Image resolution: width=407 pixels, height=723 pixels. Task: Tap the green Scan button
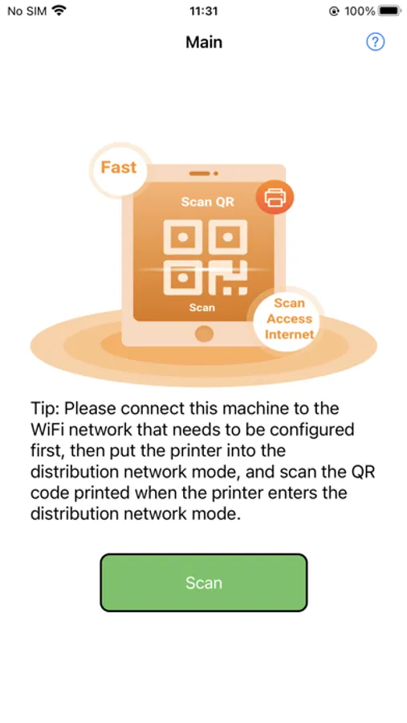pos(204,582)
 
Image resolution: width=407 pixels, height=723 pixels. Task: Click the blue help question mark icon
pos(375,42)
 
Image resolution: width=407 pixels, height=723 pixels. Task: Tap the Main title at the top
pos(204,43)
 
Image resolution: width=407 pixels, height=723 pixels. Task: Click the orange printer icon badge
pos(275,198)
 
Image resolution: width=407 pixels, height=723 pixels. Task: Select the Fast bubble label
pos(119,167)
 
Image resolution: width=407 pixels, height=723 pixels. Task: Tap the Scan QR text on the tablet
pos(207,202)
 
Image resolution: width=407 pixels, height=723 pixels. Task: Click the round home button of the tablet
pos(204,333)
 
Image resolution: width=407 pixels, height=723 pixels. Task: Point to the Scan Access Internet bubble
pos(288,319)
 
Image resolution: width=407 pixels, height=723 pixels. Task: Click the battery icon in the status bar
pos(389,10)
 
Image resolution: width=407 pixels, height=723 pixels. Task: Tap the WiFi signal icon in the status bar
pos(59,10)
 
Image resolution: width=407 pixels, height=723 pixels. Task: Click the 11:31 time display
pos(203,10)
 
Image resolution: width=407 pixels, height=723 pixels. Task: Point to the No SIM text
pos(27,11)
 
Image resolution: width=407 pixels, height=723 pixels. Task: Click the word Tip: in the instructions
pos(45,409)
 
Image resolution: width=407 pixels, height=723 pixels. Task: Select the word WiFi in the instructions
pos(47,429)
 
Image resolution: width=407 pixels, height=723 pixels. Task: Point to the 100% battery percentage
pos(360,11)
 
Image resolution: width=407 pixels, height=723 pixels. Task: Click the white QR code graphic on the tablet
pos(206,257)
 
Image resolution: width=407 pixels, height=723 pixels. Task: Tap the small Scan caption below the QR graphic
pos(201,307)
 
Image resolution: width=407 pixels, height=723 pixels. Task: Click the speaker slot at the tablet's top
pos(200,174)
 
